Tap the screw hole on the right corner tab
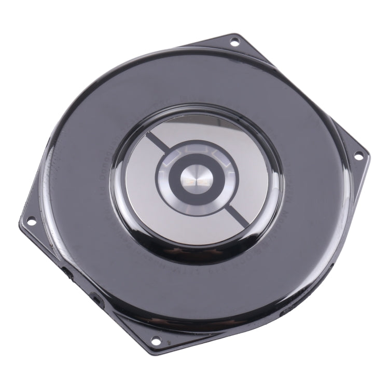pos(358,155)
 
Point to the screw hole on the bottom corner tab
pos(155,341)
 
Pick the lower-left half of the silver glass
pos(156,213)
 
